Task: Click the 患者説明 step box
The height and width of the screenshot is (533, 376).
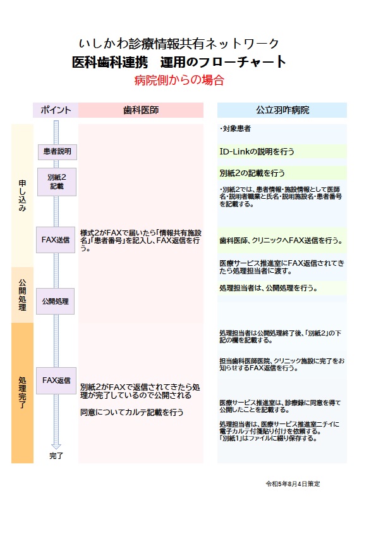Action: (58, 151)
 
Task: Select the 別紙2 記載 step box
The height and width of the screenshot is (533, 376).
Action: (57, 182)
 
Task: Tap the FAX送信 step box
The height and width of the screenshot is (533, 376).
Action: (56, 240)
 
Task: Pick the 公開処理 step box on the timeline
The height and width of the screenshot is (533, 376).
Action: (56, 301)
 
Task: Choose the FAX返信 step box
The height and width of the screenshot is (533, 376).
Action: (56, 380)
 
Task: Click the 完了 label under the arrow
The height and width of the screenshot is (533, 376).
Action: (56, 456)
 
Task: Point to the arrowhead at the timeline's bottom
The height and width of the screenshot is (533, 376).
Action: (56, 446)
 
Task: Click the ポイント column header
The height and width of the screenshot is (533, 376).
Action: (56, 110)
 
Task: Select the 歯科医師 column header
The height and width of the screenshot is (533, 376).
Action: (141, 110)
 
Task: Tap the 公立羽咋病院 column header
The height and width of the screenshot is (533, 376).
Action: (282, 110)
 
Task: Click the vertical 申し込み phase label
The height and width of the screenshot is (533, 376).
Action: (22, 196)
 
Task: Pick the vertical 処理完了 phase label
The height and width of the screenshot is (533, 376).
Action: (22, 392)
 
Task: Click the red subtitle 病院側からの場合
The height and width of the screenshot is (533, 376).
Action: (179, 80)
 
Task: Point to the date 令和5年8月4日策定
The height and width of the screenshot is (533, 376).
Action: (293, 484)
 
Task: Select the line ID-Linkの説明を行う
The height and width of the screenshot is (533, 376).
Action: (257, 151)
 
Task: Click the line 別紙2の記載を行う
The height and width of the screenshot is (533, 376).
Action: (252, 173)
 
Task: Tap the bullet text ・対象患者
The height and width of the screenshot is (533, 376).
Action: (235, 129)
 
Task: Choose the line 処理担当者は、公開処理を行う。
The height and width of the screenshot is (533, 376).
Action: (269, 288)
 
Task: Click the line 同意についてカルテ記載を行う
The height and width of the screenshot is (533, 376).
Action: (132, 412)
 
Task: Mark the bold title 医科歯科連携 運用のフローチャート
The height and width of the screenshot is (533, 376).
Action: (179, 62)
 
